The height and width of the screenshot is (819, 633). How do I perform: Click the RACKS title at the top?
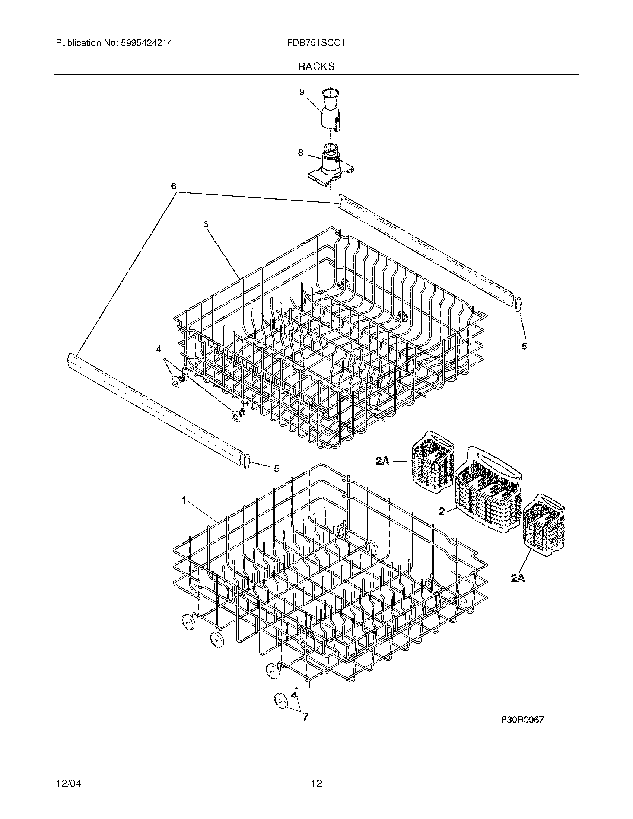click(316, 66)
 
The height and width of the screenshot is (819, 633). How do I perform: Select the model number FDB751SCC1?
click(316, 43)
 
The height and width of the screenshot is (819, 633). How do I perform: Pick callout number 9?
click(302, 92)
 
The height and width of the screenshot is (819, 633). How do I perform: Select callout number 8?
click(300, 153)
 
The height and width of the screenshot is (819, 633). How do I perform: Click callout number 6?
click(174, 186)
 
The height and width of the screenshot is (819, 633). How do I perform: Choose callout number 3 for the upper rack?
click(206, 224)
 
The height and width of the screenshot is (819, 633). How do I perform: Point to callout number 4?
click(159, 349)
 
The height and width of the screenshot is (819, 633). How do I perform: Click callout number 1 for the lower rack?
click(184, 500)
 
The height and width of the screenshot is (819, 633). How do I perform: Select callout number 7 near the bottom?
click(305, 717)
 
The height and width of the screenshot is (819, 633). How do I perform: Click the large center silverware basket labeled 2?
click(488, 492)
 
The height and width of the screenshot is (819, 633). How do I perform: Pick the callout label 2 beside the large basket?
click(442, 511)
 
